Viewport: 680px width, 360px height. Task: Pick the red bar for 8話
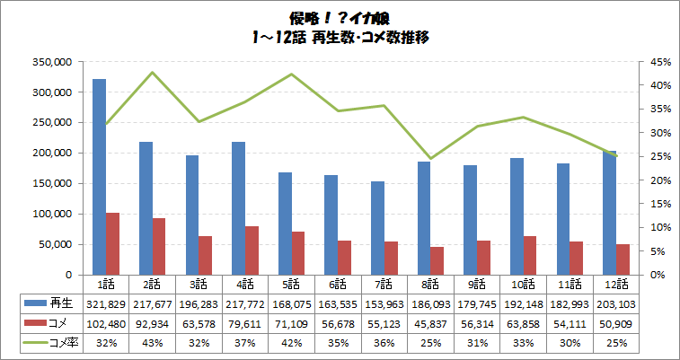click(437, 260)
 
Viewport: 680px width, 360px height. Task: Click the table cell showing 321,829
click(106, 304)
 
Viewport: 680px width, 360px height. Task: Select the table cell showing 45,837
click(431, 323)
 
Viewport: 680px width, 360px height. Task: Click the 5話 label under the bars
click(292, 284)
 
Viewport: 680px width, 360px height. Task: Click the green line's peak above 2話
click(153, 73)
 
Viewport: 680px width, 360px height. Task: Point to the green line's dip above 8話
click(431, 158)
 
